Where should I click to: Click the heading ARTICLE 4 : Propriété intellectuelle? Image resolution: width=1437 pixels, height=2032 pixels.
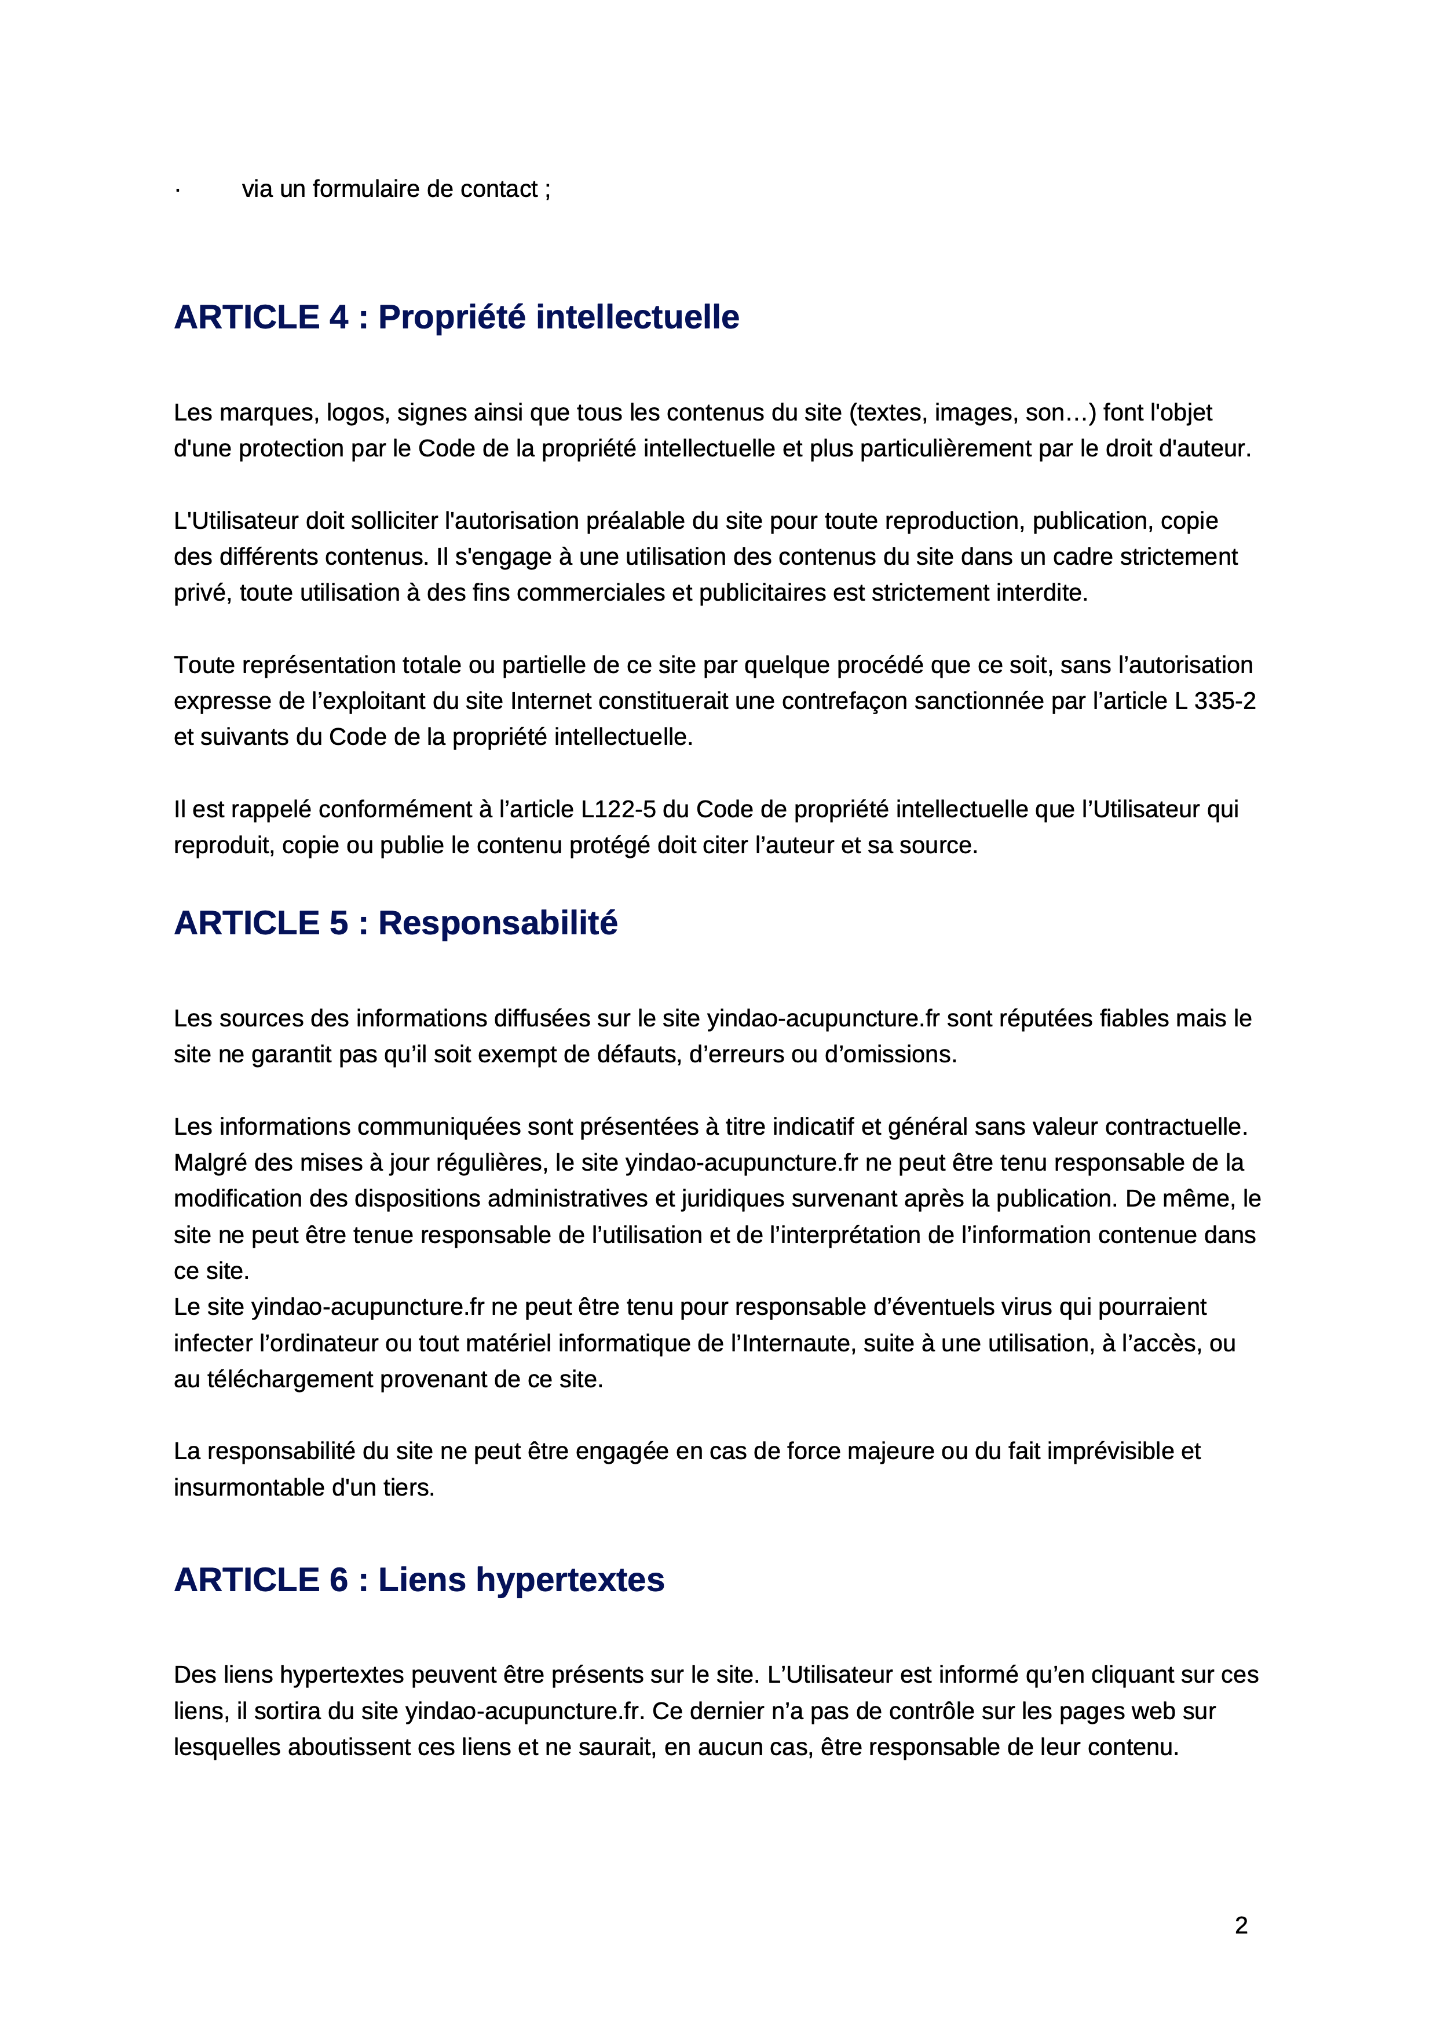click(x=456, y=317)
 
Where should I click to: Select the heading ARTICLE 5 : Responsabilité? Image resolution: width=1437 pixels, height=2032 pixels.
click(x=396, y=923)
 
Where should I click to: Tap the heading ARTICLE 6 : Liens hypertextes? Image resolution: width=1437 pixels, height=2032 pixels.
click(x=419, y=1580)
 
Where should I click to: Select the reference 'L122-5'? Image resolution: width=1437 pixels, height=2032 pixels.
click(x=617, y=810)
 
